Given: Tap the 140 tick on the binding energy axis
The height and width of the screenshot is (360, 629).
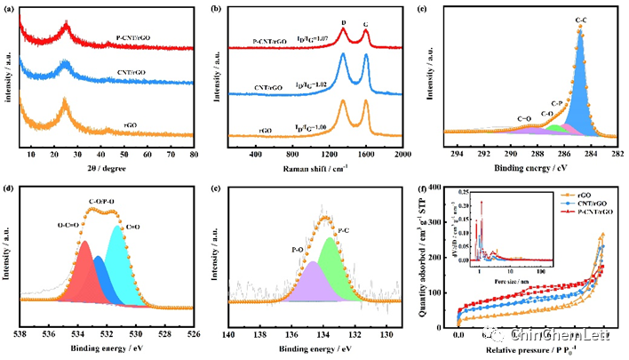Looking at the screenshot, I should click(228, 335).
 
